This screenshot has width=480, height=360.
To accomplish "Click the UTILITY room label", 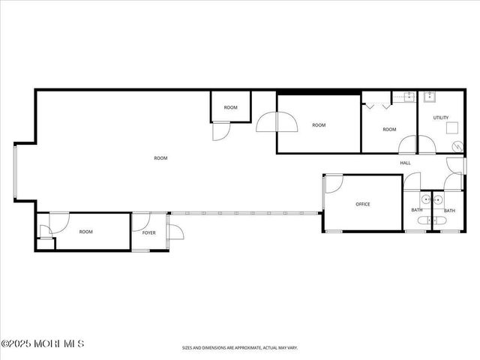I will click(x=440, y=118).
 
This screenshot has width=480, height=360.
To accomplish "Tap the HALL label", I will click(x=405, y=163).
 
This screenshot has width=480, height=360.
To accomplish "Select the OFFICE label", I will click(x=363, y=204).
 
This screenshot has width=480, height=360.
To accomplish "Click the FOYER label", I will click(x=148, y=232).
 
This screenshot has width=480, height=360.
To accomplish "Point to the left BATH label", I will click(x=417, y=211).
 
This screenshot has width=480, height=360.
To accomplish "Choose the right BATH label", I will click(x=449, y=211).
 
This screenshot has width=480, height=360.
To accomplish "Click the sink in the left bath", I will click(x=425, y=199).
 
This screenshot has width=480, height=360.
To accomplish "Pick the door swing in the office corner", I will click(x=334, y=184).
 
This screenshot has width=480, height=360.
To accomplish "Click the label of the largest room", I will click(x=160, y=158).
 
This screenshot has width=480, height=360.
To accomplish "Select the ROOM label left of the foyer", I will click(x=86, y=232).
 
